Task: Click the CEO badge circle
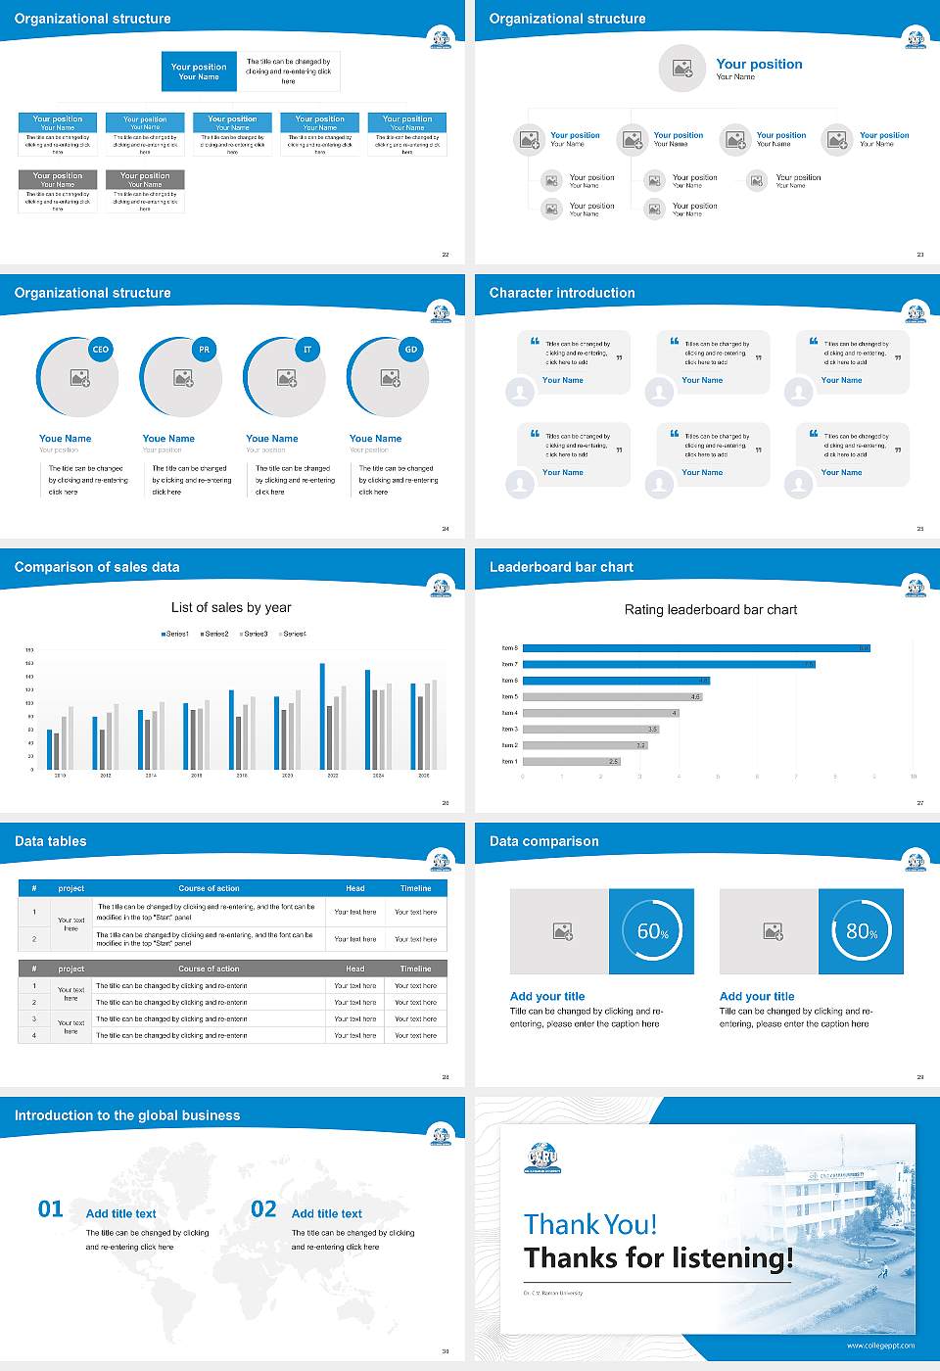(x=101, y=350)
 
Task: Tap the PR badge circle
(x=204, y=350)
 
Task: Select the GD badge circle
(x=411, y=350)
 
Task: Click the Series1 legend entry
(x=175, y=634)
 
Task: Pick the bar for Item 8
(x=696, y=648)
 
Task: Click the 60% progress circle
(x=652, y=931)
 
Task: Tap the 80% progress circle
(x=861, y=931)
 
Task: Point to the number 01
(x=51, y=1209)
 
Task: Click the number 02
(x=263, y=1209)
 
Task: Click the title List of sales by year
(x=231, y=607)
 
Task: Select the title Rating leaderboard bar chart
(x=710, y=609)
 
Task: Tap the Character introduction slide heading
(x=562, y=293)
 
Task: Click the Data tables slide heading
(x=51, y=841)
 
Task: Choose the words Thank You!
(x=590, y=1224)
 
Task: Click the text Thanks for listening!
(x=658, y=1258)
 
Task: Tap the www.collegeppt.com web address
(x=880, y=1346)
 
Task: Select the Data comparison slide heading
(x=543, y=841)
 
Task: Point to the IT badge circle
(x=307, y=350)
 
